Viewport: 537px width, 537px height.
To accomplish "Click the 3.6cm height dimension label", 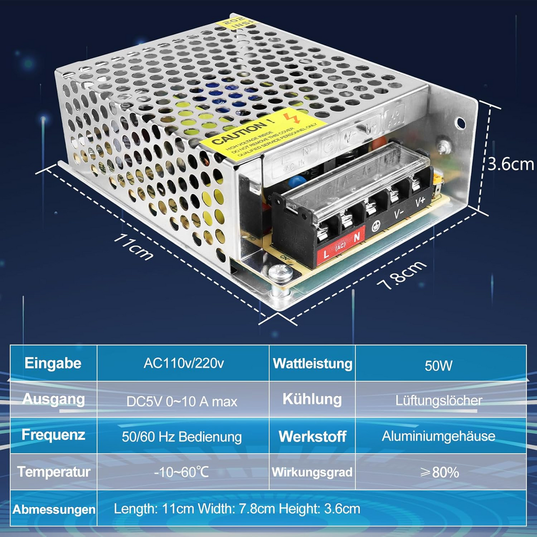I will pyautogui.click(x=510, y=164).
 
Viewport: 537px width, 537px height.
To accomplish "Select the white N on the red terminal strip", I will pyautogui.click(x=357, y=237).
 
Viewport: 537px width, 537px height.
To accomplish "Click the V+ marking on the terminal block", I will pyautogui.click(x=420, y=202).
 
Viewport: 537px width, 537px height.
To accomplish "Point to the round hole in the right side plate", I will pyautogui.click(x=460, y=123).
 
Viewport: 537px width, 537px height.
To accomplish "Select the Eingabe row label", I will pyautogui.click(x=53, y=363).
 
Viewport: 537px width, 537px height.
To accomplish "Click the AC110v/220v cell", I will pyautogui.click(x=184, y=363).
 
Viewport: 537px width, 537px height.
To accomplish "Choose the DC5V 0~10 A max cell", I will pyautogui.click(x=182, y=402).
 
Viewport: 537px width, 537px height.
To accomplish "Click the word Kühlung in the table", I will pyautogui.click(x=312, y=399).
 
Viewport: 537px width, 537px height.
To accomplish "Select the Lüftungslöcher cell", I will pyautogui.click(x=439, y=401).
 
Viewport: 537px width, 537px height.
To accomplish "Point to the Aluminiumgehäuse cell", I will pyautogui.click(x=438, y=436).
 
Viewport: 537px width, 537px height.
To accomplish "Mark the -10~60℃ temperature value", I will pyautogui.click(x=181, y=471).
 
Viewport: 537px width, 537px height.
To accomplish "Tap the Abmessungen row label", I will pyautogui.click(x=54, y=509).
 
